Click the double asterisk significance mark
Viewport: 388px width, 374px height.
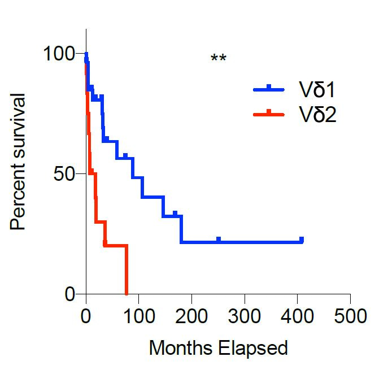[218, 59]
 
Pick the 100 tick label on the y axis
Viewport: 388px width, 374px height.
[59, 54]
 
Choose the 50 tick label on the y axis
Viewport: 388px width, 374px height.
[64, 173]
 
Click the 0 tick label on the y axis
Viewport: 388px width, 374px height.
[69, 294]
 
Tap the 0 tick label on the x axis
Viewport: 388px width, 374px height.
[86, 314]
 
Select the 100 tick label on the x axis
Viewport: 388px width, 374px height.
[138, 314]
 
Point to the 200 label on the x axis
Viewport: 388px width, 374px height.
[191, 314]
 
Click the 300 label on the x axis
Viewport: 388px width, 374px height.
[245, 314]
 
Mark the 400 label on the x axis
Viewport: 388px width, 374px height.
[297, 314]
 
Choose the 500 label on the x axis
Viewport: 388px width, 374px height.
[350, 314]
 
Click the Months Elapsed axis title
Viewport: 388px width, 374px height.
[218, 347]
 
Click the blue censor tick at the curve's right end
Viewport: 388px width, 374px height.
[302, 240]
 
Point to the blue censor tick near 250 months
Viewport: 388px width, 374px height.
[218, 240]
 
